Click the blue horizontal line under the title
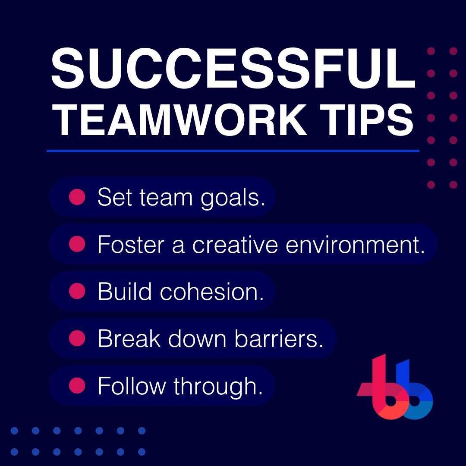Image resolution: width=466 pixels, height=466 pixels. tap(233, 151)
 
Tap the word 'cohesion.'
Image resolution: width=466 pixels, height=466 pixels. tap(212, 292)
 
